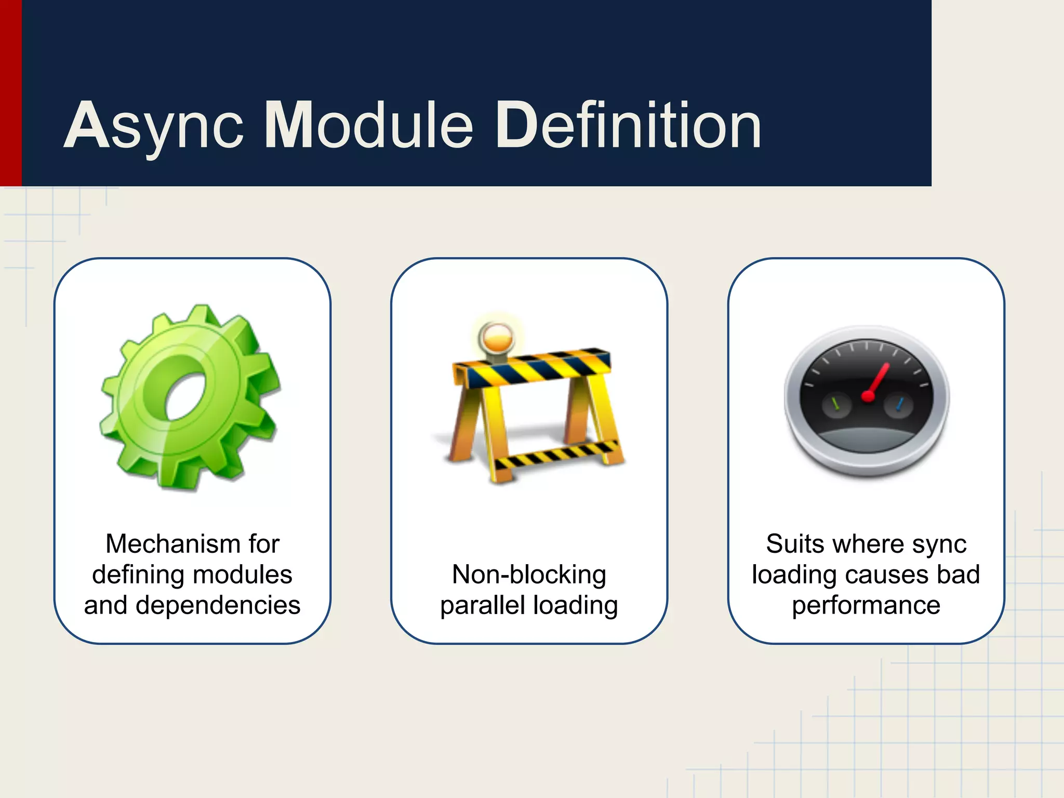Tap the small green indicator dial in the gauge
point(836,404)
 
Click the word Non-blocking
point(529,575)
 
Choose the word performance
point(866,605)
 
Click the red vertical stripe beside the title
point(10,93)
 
